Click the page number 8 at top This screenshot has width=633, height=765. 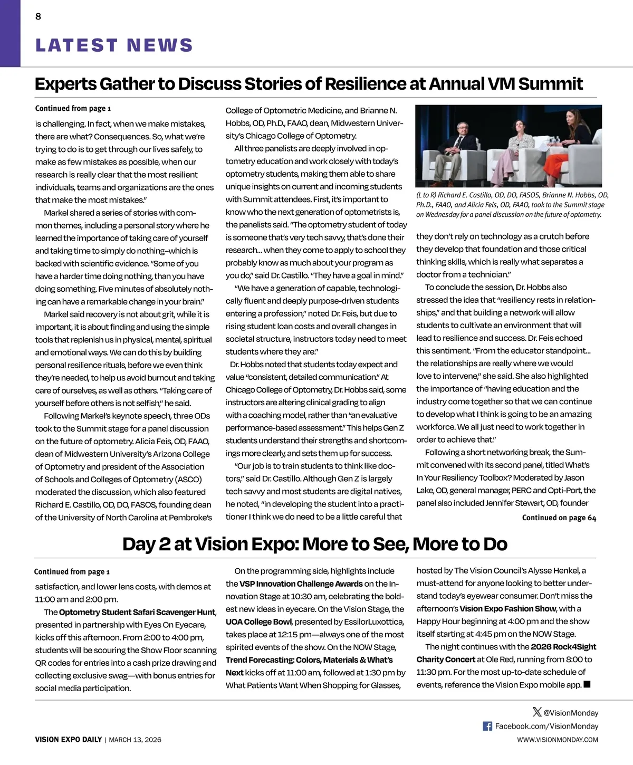(x=38, y=16)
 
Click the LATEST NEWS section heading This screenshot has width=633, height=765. (x=114, y=45)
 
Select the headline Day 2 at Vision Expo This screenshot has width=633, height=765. (x=314, y=544)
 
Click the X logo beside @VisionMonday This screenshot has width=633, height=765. (x=537, y=712)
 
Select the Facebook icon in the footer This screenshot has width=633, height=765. (x=487, y=726)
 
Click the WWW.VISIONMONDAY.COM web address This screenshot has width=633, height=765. (x=558, y=740)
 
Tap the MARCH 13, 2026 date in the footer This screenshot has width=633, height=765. (x=135, y=740)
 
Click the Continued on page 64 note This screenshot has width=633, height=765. (x=559, y=518)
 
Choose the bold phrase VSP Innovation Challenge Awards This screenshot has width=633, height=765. (x=301, y=584)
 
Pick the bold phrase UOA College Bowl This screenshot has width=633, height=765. (x=258, y=621)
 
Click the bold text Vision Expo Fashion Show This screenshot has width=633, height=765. (x=508, y=608)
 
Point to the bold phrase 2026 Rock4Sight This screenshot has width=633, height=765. (x=563, y=646)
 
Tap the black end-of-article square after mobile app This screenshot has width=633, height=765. (x=587, y=684)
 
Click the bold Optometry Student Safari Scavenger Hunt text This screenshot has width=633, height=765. (x=137, y=612)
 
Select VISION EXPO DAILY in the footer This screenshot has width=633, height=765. (x=68, y=740)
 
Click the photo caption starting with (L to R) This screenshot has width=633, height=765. (x=511, y=205)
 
